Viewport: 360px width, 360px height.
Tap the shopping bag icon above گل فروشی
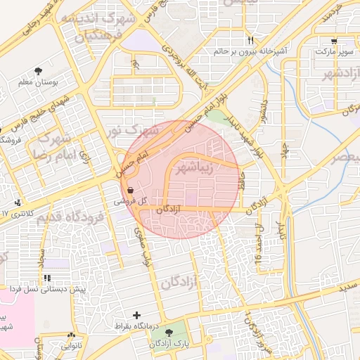pos(131,190)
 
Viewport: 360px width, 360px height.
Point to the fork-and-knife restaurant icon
pos(250,40)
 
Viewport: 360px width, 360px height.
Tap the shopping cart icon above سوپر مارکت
pos(333,41)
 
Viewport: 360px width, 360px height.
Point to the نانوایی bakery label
pos(70,346)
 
